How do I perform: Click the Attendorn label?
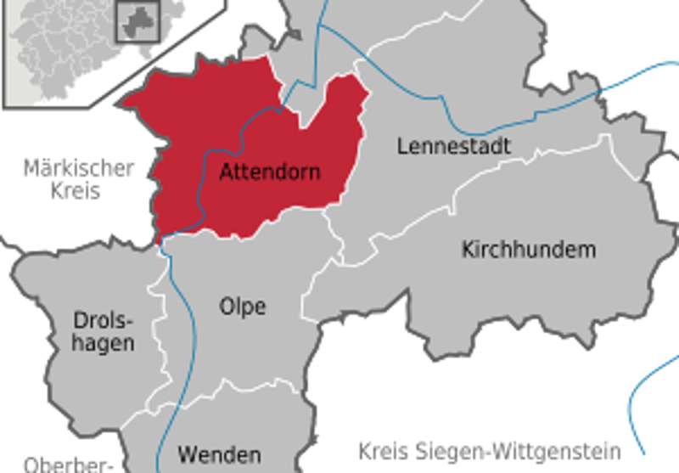coord(270,172)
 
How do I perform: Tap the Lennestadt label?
coord(454,146)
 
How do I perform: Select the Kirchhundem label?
coord(528,250)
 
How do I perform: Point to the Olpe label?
coord(242,306)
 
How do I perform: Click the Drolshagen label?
coord(104,332)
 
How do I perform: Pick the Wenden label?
coord(219,454)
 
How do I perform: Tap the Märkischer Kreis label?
coord(78,178)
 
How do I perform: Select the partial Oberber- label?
coord(68,465)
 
